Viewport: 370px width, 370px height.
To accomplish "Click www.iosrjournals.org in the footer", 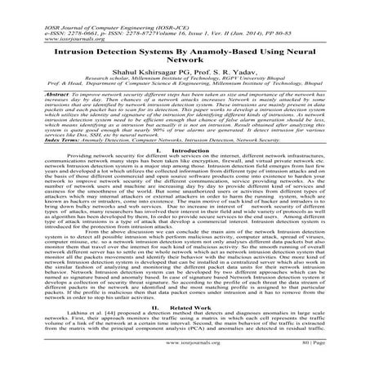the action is coord(185,357).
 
